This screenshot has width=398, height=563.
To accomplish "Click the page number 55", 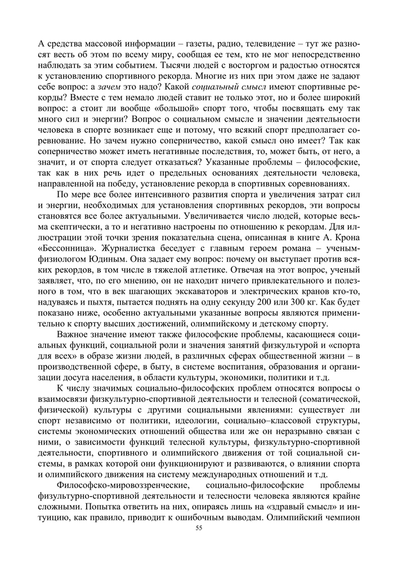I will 198,528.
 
